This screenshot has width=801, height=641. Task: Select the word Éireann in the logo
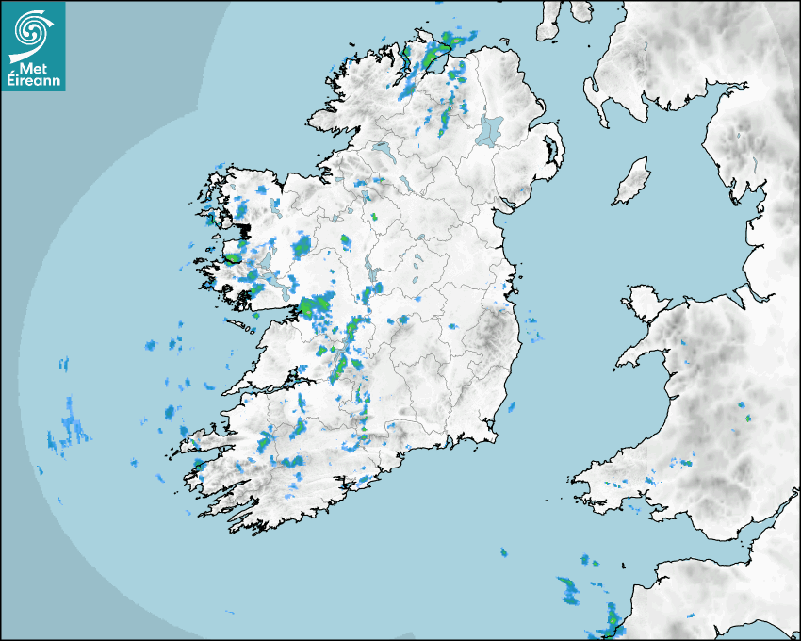33,81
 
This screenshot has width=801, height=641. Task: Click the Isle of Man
631,182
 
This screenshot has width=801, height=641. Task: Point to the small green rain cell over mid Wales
747,416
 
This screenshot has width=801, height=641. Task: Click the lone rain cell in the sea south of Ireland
504,551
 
